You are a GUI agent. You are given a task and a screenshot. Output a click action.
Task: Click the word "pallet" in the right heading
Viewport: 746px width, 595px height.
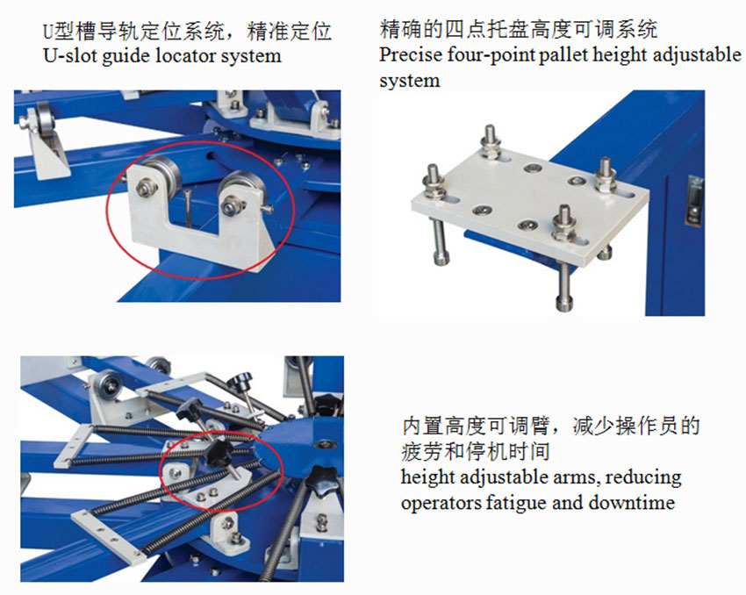click(563, 54)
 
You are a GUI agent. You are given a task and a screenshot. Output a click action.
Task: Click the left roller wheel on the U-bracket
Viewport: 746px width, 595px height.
click(161, 172)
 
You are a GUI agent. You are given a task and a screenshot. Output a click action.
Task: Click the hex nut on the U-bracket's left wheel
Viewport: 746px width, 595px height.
click(146, 187)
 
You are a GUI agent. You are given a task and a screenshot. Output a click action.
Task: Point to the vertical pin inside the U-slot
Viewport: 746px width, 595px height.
click(188, 208)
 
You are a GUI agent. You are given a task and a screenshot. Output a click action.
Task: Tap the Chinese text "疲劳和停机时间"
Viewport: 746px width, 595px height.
click(476, 452)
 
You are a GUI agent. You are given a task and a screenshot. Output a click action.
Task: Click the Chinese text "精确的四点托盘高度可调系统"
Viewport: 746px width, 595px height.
click(519, 29)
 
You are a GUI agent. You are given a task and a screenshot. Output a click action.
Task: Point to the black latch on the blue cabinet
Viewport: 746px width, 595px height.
click(694, 200)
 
